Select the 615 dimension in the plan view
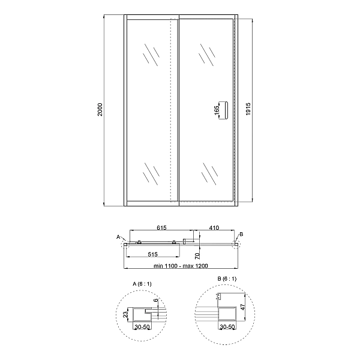point(161,229)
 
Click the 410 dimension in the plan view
point(214,229)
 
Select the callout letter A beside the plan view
point(119,236)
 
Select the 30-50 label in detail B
point(227,328)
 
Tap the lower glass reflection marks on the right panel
point(210,172)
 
